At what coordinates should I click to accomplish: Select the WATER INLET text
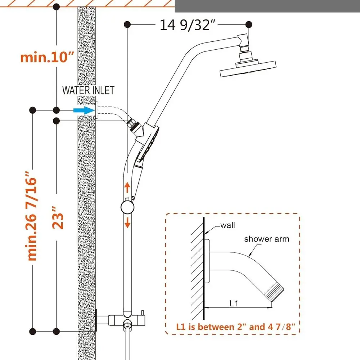pos(89,90)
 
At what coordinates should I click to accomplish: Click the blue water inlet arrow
pos(84,110)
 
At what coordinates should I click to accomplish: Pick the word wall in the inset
pos(228,225)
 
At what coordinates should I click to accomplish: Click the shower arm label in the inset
pos(266,239)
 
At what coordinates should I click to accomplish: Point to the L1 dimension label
pos(234,303)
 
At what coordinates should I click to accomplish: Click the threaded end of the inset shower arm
pos(275,290)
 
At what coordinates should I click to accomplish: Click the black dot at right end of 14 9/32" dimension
pos(249,24)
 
